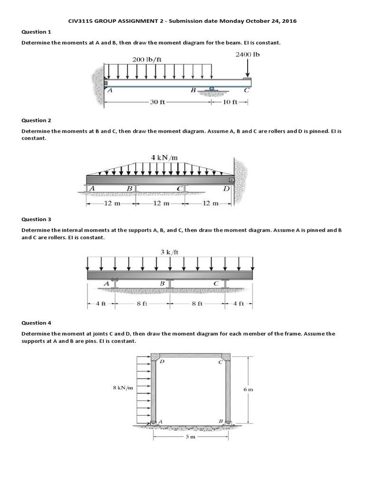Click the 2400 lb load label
click(x=248, y=54)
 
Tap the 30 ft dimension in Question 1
click(x=157, y=102)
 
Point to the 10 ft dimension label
click(x=230, y=102)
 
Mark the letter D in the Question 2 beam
click(x=226, y=189)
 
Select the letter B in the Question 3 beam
click(x=162, y=283)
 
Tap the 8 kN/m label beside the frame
click(x=123, y=388)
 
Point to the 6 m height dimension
click(x=248, y=389)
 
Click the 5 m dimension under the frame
click(x=190, y=436)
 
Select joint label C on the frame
click(x=220, y=362)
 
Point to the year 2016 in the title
click(x=289, y=21)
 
